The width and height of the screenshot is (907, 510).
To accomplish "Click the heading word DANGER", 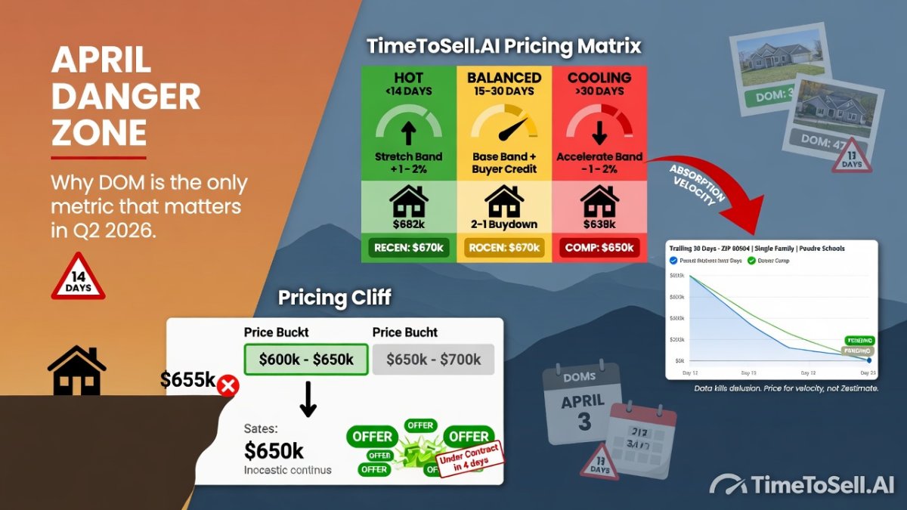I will tap(125, 97).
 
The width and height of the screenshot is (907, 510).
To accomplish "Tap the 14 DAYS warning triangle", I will tap(78, 278).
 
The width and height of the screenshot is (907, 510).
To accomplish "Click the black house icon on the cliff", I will tap(76, 371).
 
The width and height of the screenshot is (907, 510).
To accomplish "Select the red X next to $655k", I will tap(228, 387).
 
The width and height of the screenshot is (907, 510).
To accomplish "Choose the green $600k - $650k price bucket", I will tap(306, 360).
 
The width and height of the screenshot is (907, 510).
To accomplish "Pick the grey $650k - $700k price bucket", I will tap(433, 360).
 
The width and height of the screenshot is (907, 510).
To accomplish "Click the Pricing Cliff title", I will tap(335, 297).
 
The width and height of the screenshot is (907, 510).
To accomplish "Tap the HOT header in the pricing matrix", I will tap(409, 77).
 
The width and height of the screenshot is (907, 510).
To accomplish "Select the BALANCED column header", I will tap(504, 77).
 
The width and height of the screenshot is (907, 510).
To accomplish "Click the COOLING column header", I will tap(599, 77).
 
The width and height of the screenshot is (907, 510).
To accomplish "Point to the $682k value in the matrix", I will tap(409, 224).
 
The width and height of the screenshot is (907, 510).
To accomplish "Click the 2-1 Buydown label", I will tap(504, 224).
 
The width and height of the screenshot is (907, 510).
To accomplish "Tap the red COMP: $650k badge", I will tap(599, 247).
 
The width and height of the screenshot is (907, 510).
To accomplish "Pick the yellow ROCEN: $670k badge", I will tap(504, 247).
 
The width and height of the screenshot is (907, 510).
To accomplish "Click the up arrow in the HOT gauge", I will tap(409, 134).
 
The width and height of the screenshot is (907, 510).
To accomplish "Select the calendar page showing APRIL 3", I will tap(583, 404).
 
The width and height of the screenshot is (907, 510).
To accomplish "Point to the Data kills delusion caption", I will tap(786, 388).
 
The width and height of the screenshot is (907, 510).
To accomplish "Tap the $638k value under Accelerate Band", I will tap(599, 224).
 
